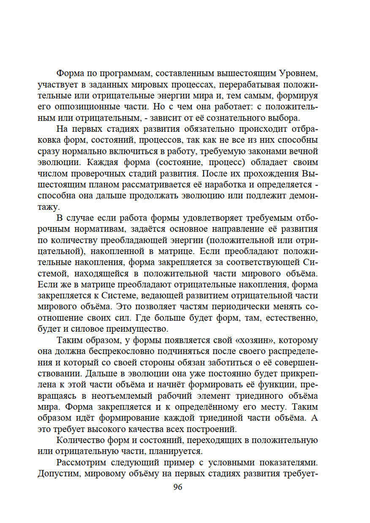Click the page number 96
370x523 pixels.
click(178, 487)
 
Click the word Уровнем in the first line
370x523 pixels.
click(298, 73)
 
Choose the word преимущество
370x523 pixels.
click(137, 329)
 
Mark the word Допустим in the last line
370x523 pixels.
click(59, 473)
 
